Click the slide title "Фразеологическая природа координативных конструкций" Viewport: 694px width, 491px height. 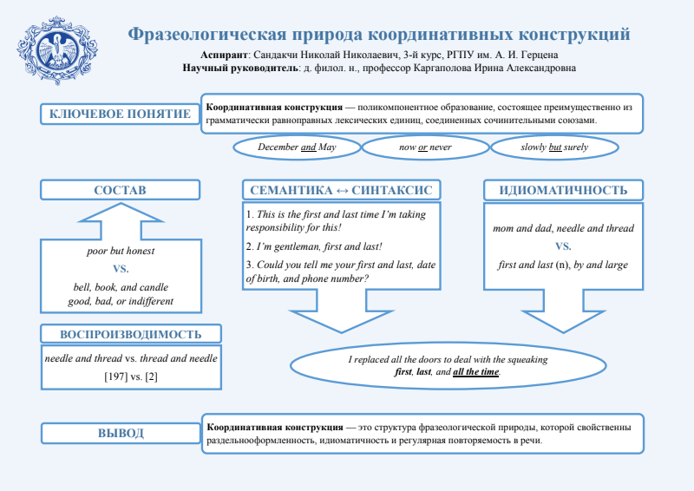tap(379, 35)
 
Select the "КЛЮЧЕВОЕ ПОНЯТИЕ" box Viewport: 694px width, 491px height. tap(120, 114)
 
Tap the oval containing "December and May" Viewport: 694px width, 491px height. tap(297, 147)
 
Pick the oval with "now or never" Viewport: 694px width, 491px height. tap(425, 147)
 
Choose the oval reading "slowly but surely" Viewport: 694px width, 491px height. tap(554, 147)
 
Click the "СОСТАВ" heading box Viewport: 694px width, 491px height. tap(120, 190)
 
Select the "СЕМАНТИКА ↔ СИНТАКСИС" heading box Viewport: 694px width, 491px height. tap(340, 190)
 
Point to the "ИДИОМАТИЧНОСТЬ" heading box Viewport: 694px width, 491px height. tap(563, 190)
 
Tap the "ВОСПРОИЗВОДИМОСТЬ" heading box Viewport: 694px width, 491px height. tap(131, 335)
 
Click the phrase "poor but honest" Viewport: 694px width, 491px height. tap(121, 251)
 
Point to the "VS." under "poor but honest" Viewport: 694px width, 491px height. tap(121, 268)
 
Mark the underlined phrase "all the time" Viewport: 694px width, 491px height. tap(476, 371)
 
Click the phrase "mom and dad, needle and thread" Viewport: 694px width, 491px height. tap(563, 229)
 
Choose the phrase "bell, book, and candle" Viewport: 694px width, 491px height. tap(121, 287)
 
